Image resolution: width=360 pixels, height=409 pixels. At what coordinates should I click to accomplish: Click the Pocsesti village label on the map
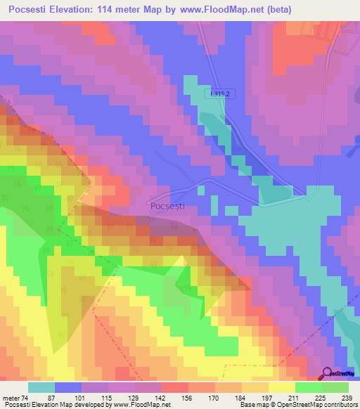coord(168,206)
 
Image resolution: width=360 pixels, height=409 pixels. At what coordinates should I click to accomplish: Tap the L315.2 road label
coord(221,93)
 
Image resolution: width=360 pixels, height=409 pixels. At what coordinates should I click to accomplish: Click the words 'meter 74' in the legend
coord(13,398)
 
